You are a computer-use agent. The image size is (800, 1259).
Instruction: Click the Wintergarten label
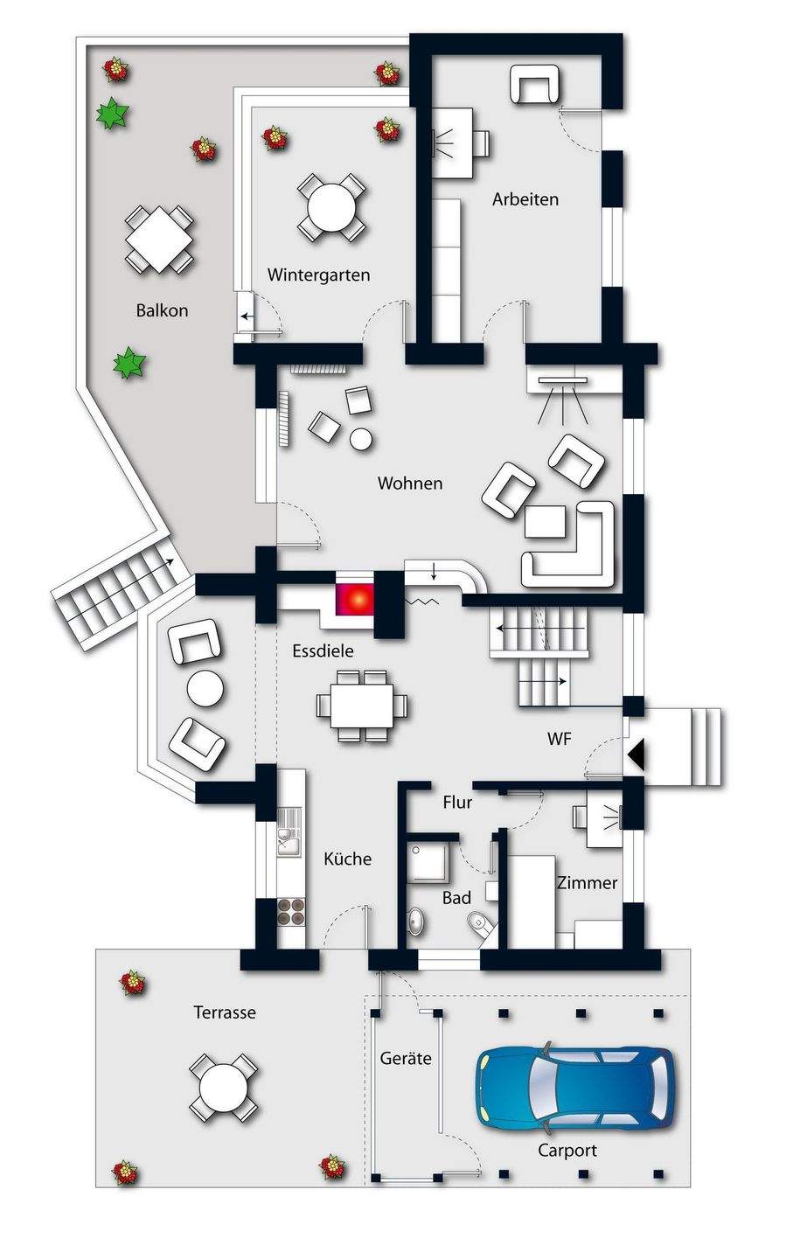click(318, 275)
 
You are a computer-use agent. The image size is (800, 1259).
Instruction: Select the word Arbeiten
click(525, 199)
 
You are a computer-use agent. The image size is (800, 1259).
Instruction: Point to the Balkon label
click(162, 310)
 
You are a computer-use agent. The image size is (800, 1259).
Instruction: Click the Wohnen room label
click(409, 483)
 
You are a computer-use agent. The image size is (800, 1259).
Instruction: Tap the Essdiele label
click(323, 650)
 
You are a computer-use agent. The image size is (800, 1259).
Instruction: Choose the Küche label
click(347, 859)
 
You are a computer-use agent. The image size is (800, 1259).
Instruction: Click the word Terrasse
click(224, 1012)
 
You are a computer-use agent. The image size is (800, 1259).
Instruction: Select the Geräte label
click(406, 1058)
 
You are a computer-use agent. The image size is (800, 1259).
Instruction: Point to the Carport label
click(567, 1151)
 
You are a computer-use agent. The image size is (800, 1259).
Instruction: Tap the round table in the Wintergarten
click(331, 207)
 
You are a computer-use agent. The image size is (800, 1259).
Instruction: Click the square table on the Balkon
click(158, 238)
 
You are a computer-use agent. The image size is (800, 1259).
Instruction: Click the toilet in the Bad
click(479, 923)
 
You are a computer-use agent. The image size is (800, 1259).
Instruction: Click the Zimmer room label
click(588, 883)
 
